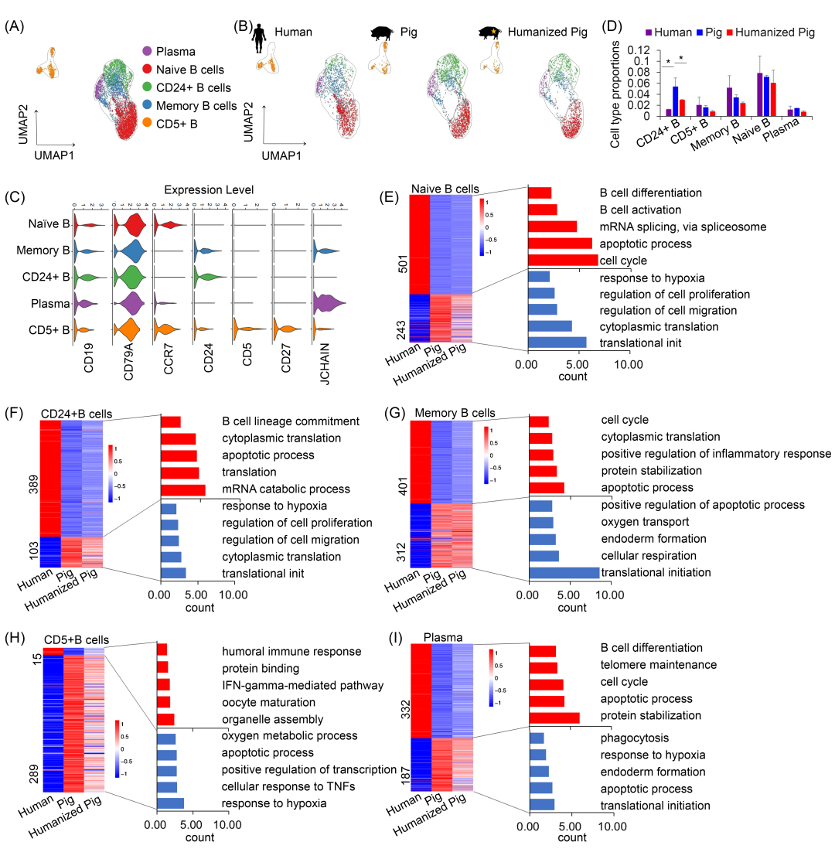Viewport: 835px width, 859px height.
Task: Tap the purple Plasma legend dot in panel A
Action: (x=147, y=52)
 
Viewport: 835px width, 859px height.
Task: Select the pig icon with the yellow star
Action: (x=489, y=33)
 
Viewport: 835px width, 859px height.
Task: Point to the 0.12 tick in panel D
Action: (x=634, y=48)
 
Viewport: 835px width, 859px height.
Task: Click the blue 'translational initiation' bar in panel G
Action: (x=564, y=572)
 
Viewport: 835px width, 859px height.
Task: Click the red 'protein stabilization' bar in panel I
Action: (x=554, y=717)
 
